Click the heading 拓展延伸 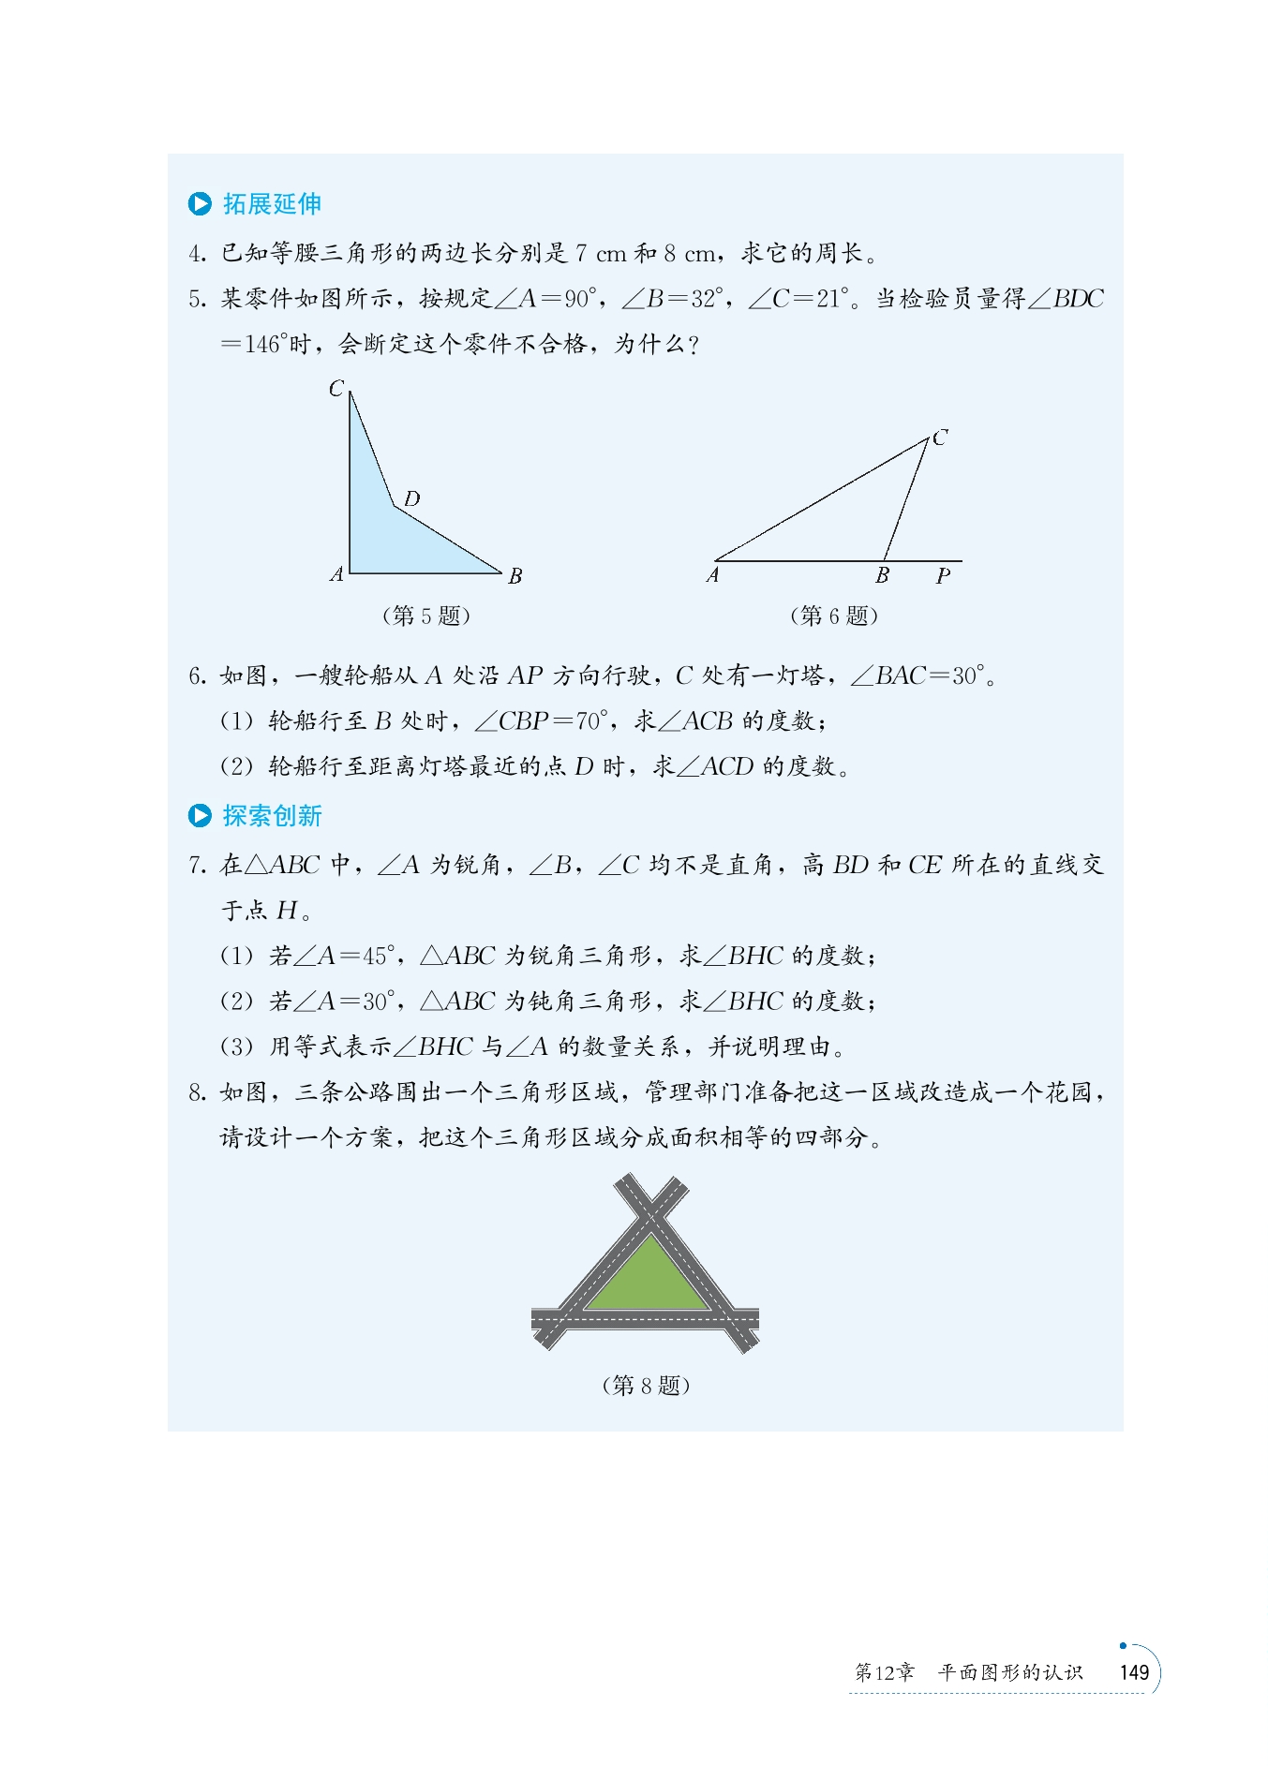(272, 204)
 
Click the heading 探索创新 (272, 816)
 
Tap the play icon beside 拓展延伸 (200, 204)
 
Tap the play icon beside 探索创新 (200, 816)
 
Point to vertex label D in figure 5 (411, 498)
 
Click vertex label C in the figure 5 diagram (336, 388)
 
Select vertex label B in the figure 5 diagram (515, 576)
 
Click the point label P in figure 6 (943, 576)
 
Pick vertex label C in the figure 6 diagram (940, 438)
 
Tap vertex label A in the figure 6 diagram (713, 575)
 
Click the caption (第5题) (426, 616)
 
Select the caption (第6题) (834, 616)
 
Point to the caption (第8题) (646, 1386)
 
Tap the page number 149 (1134, 1673)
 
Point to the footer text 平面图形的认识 (1010, 1673)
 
